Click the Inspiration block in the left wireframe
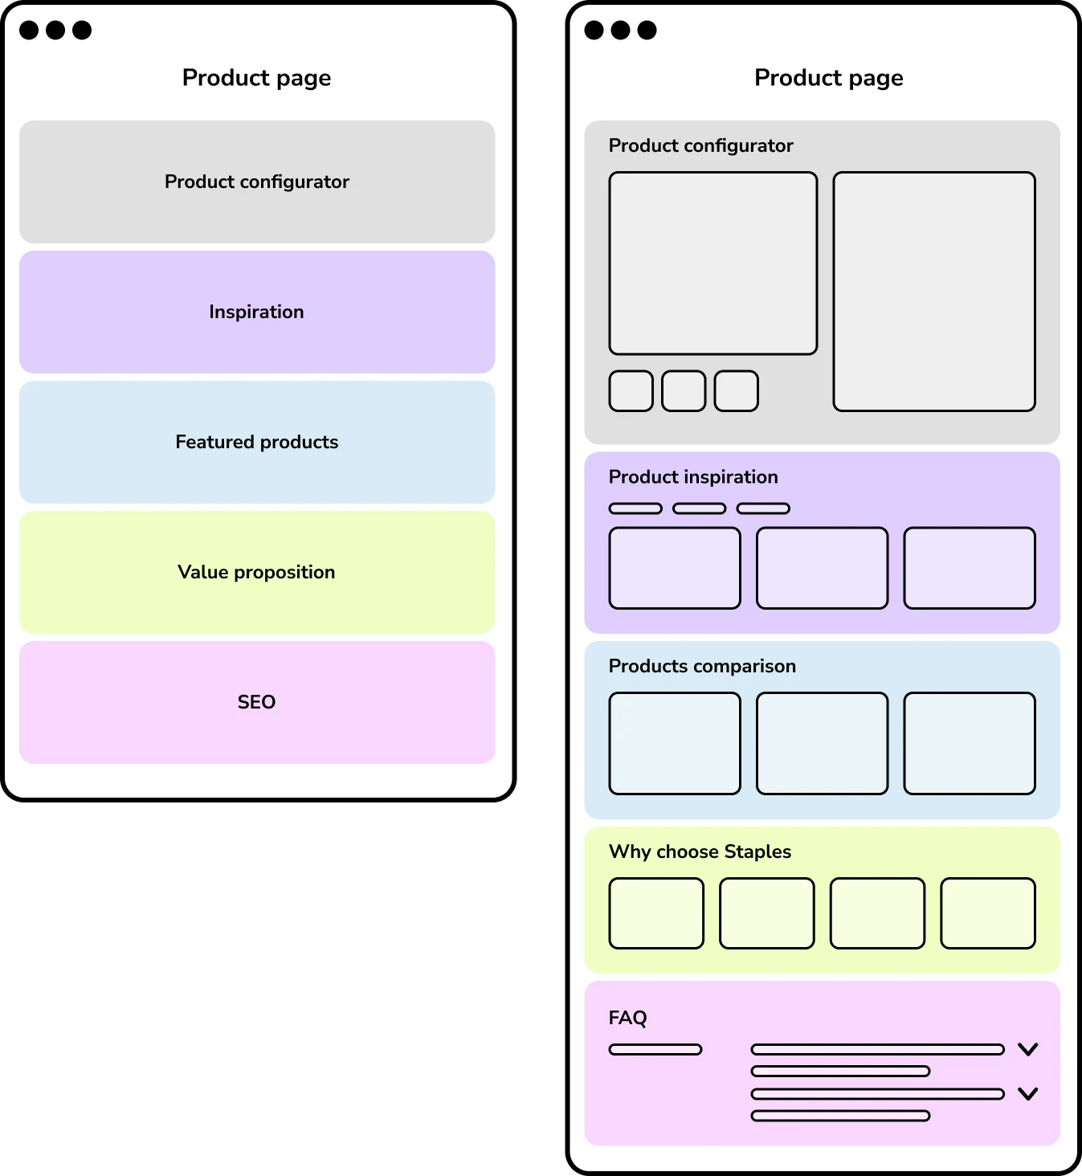click(257, 312)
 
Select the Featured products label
click(257, 442)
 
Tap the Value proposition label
click(257, 572)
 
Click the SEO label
click(257, 702)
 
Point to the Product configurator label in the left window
click(257, 182)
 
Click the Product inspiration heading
click(693, 477)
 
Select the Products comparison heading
click(702, 666)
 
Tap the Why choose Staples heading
click(700, 851)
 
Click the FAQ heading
click(627, 1018)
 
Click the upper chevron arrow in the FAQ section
click(1028, 1049)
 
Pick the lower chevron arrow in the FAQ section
click(1028, 1093)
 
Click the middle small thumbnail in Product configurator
click(684, 391)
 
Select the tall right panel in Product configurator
click(934, 292)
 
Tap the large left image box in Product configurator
click(713, 263)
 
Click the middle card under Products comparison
click(823, 743)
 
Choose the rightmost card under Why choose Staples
click(988, 913)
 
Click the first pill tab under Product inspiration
click(635, 508)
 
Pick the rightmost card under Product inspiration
click(970, 568)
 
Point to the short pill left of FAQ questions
click(655, 1049)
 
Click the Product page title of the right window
click(829, 78)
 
